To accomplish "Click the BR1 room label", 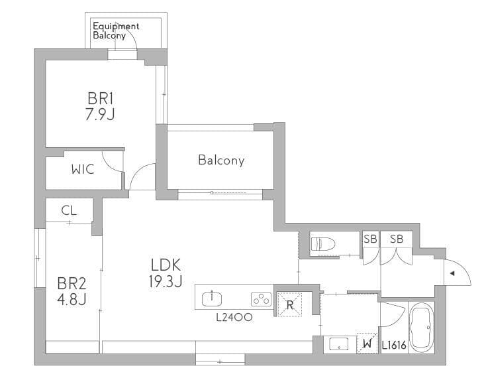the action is click(101, 99).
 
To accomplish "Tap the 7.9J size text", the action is click(100, 115).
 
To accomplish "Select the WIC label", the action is click(83, 169).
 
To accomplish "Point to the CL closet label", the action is click(69, 210).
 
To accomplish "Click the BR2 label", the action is click(72, 283).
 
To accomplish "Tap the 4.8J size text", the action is click(72, 299).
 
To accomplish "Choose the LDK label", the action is click(166, 265).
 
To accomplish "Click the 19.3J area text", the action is click(166, 281).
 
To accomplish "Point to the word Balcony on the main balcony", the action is click(221, 160).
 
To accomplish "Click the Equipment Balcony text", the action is click(116, 31).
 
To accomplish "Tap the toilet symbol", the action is click(323, 244).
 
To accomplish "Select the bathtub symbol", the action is click(421, 327).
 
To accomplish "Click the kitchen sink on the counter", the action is click(212, 298).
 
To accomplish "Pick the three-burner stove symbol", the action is click(261, 299).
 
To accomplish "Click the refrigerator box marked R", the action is click(289, 305).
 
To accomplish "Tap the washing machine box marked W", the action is click(367, 343).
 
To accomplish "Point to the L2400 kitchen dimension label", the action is click(234, 317).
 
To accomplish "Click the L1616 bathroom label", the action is click(394, 345).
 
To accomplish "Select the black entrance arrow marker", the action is click(452, 273).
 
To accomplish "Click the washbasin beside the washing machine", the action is click(339, 344).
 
